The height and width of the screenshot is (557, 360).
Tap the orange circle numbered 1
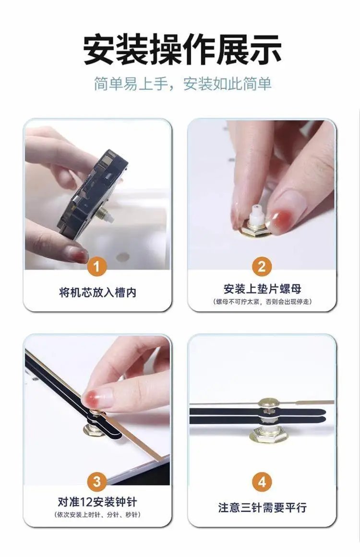coord(96,266)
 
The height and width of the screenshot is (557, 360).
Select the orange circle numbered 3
coord(96,482)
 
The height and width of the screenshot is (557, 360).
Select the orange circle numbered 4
coord(262,482)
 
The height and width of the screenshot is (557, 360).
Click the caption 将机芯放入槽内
coord(98,293)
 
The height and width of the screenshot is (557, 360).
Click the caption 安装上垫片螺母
coord(262,289)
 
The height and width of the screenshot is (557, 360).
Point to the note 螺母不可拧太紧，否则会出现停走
coord(262,302)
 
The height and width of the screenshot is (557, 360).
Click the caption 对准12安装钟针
coord(97,502)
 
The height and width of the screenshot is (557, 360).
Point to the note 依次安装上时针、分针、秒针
coord(97,515)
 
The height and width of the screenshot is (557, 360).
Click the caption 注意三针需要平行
coord(262,507)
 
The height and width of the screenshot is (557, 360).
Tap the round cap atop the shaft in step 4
coord(268,402)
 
